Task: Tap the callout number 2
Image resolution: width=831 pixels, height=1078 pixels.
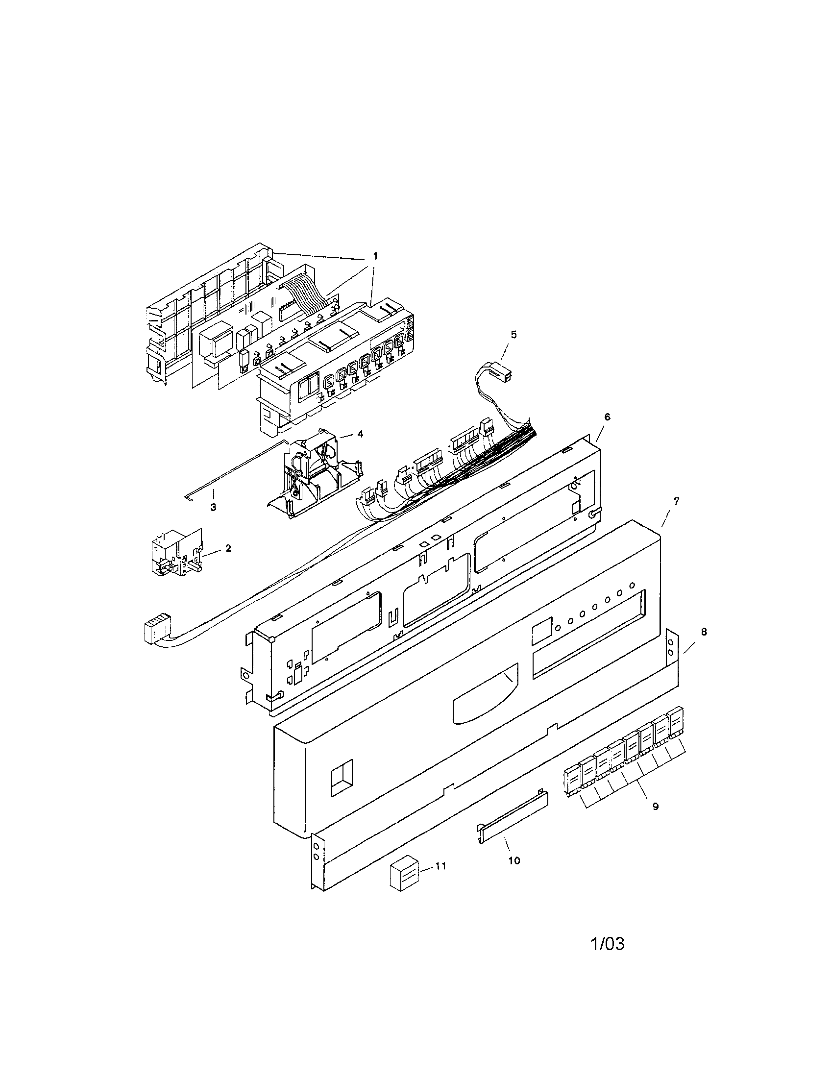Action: click(228, 548)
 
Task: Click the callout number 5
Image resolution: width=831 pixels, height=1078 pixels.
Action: click(513, 335)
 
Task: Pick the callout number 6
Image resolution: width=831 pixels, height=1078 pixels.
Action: click(607, 416)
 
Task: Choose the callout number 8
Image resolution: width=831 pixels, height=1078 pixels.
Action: click(704, 631)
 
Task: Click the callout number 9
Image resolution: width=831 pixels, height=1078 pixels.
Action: click(655, 807)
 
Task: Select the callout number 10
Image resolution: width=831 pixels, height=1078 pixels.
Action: click(513, 861)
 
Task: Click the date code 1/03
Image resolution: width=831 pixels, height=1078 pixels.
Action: click(608, 944)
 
